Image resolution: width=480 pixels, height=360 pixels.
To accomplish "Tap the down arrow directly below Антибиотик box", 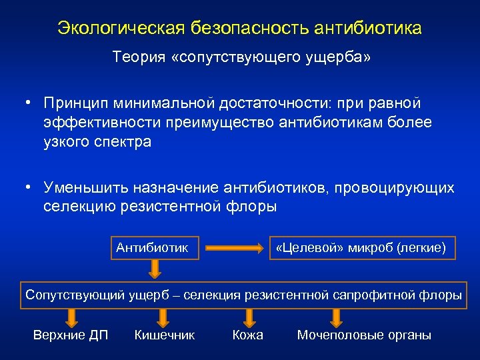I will pos(154,269).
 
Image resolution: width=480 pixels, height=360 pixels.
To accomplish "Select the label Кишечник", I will pos(165,335).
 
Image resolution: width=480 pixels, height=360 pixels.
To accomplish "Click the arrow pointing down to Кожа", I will pos(247,317).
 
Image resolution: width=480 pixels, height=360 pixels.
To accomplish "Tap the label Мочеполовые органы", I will pos(364,335).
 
